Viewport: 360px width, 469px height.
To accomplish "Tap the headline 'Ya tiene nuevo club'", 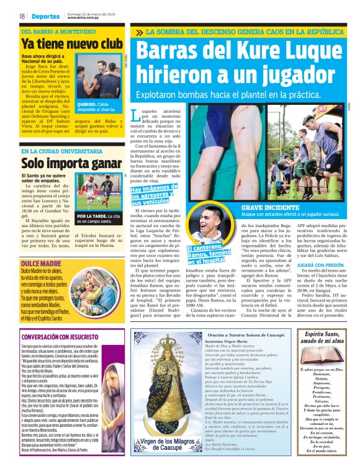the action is click(x=72, y=44).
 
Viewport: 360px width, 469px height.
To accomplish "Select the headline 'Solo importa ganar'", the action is click(x=70, y=163).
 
